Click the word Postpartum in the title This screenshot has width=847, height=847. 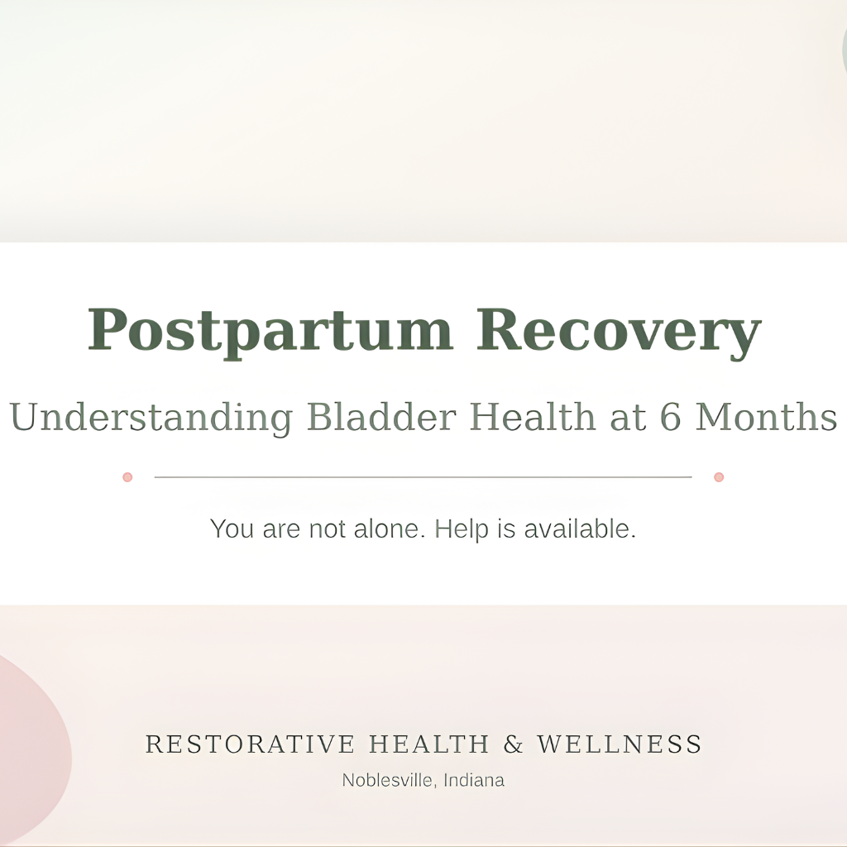pos(270,330)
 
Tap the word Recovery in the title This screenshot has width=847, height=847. pos(618,330)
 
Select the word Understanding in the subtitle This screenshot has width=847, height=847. pos(151,417)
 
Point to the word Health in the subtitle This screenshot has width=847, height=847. pos(533,417)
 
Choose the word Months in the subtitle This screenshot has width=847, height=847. pos(766,417)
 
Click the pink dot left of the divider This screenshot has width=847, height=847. pos(127,477)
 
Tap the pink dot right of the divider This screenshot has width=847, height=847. pos(719,477)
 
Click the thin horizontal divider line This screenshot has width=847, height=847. pos(423,477)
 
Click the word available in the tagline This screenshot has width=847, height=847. pos(580,529)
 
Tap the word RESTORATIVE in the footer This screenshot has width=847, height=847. pos(251,744)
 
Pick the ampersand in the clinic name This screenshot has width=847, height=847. pos(514,744)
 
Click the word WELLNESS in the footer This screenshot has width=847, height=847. pos(620,744)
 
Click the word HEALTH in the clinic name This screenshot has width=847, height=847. pos(429,744)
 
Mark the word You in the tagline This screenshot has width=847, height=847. pos(232,529)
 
